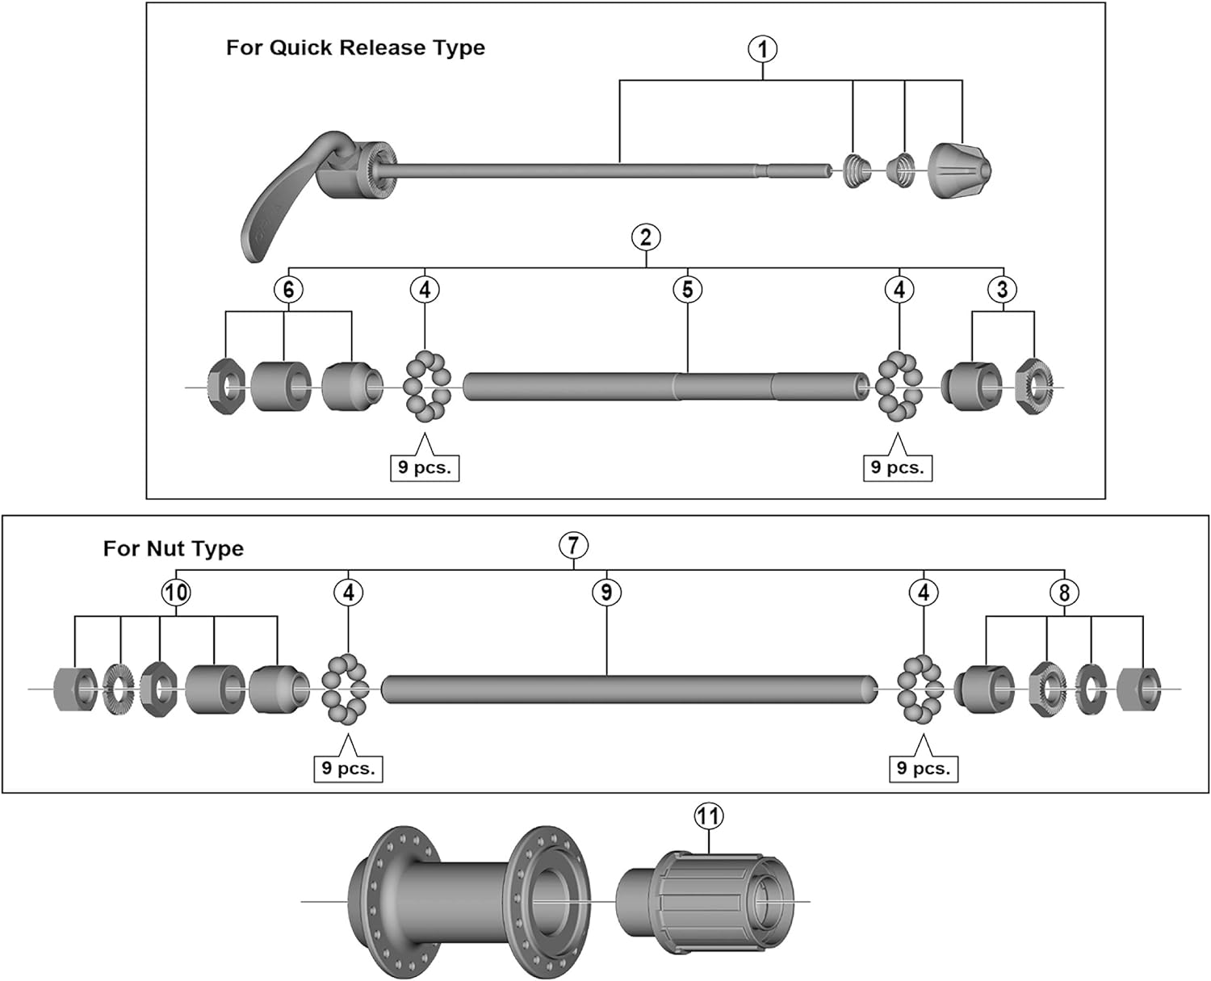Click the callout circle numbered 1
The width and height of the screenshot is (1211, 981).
click(762, 49)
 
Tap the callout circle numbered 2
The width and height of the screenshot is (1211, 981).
click(646, 237)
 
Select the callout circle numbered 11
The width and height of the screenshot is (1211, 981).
click(708, 816)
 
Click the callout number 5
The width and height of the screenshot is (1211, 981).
click(687, 290)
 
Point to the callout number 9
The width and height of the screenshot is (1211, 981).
click(606, 593)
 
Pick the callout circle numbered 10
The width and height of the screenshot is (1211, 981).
click(176, 593)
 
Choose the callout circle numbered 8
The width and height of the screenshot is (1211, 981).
click(1064, 593)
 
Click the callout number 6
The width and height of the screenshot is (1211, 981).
click(288, 290)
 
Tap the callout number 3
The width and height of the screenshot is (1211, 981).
click(1003, 290)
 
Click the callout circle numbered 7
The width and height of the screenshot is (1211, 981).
click(573, 545)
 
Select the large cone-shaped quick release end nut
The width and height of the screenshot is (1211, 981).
click(960, 170)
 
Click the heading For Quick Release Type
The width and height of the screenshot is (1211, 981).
click(355, 48)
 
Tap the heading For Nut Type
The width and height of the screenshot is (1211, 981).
click(174, 549)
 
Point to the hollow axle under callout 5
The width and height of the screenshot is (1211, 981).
click(666, 387)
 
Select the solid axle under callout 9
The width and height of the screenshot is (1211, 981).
click(630, 690)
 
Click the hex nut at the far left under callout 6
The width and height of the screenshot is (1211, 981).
click(227, 388)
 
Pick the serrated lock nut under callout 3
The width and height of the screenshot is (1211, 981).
click(1034, 387)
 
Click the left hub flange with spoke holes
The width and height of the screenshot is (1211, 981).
click(392, 901)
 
